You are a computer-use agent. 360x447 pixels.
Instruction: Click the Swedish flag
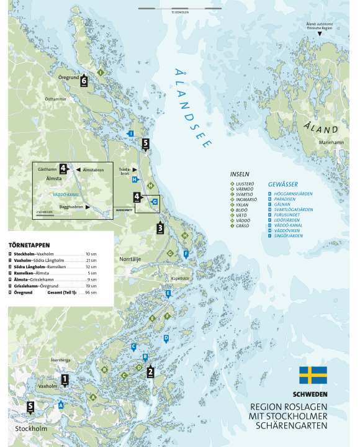point(313,376)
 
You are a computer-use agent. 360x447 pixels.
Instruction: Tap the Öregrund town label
point(69,79)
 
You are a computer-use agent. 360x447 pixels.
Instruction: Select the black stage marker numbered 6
point(84,79)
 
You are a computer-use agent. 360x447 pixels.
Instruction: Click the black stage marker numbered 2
point(150,372)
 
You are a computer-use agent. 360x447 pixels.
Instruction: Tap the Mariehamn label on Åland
point(331,142)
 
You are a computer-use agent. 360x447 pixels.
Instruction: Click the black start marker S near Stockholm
point(30,407)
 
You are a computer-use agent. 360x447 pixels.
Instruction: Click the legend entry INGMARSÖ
point(247,199)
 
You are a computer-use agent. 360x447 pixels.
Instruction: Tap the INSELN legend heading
point(240,174)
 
